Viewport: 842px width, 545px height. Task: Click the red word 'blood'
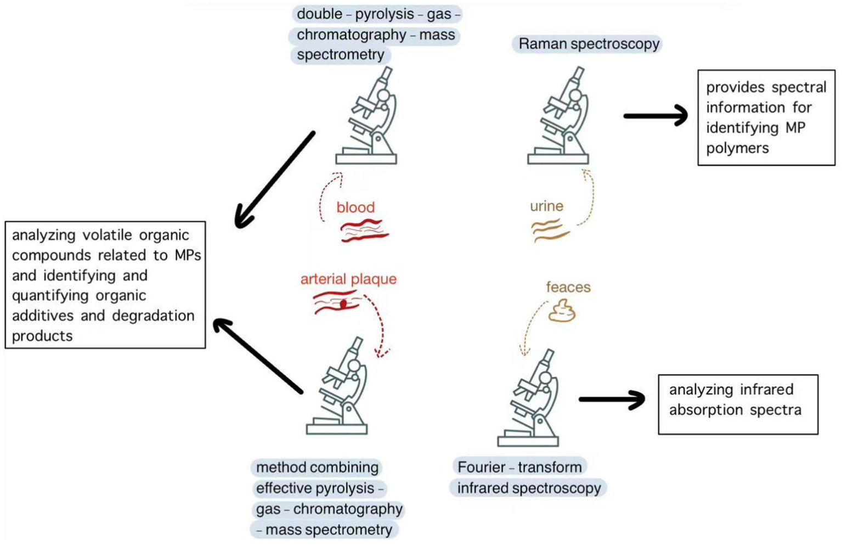click(x=355, y=207)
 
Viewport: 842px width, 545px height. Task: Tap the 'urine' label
click(x=546, y=206)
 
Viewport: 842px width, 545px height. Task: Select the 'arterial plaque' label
click(x=348, y=279)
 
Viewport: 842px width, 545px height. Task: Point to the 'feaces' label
click(x=568, y=287)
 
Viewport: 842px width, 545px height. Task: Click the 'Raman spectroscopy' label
click(x=589, y=44)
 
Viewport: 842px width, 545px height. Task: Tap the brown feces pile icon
click(x=562, y=311)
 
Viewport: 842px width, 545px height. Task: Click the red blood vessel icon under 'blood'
click(x=363, y=231)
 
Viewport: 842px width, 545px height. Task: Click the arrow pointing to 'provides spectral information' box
click(x=656, y=116)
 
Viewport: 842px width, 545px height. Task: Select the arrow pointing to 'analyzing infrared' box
click(x=612, y=400)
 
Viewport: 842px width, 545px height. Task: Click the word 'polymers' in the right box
click(x=737, y=148)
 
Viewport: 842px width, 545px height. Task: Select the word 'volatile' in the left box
click(x=108, y=235)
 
